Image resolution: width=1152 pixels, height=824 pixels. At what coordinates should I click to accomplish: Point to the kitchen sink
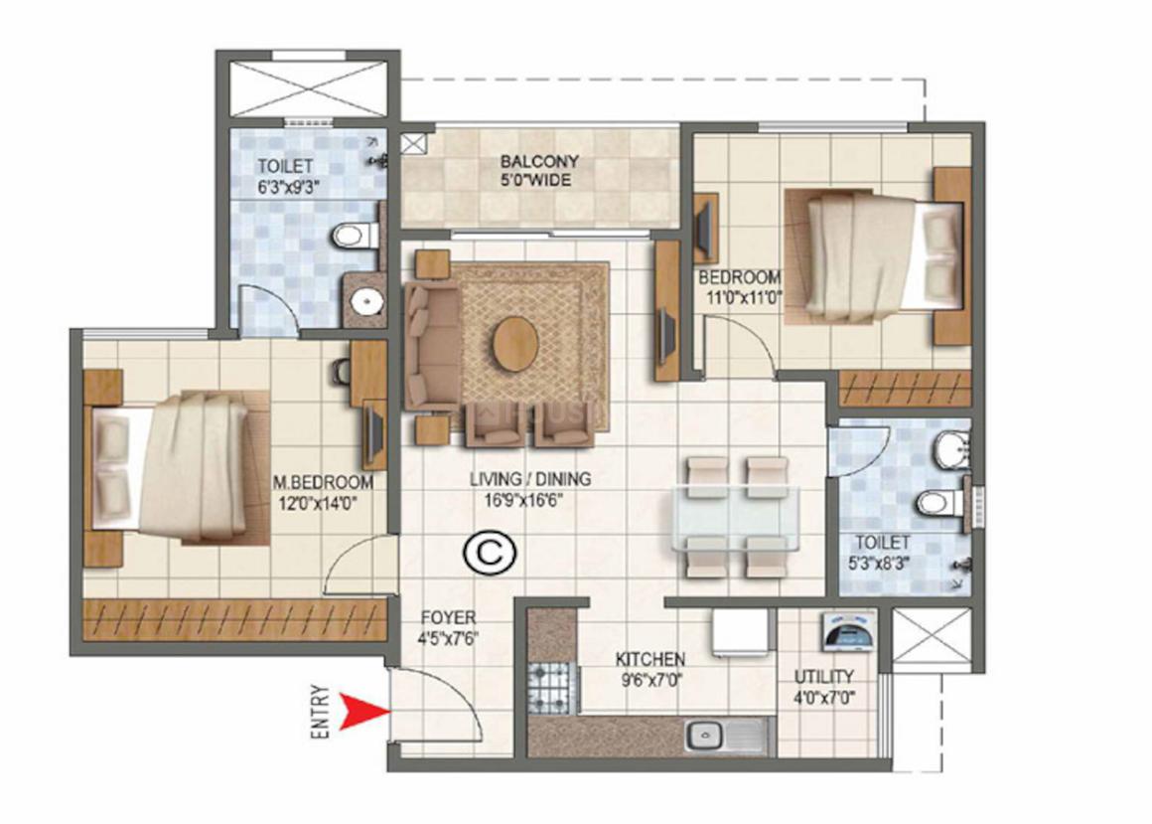point(707,736)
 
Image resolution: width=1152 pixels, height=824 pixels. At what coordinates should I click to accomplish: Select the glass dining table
point(736,517)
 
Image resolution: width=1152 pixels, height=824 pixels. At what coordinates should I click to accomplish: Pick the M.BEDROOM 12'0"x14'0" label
point(323,492)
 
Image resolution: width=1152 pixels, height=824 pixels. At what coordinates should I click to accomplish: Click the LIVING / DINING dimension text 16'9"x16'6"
point(516,502)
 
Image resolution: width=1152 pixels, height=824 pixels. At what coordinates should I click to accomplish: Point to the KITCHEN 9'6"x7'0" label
point(649,669)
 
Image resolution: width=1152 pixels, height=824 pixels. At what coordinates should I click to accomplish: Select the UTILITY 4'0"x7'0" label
point(823,687)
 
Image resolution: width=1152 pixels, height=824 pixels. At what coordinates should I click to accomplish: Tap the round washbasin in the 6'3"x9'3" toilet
point(365,300)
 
